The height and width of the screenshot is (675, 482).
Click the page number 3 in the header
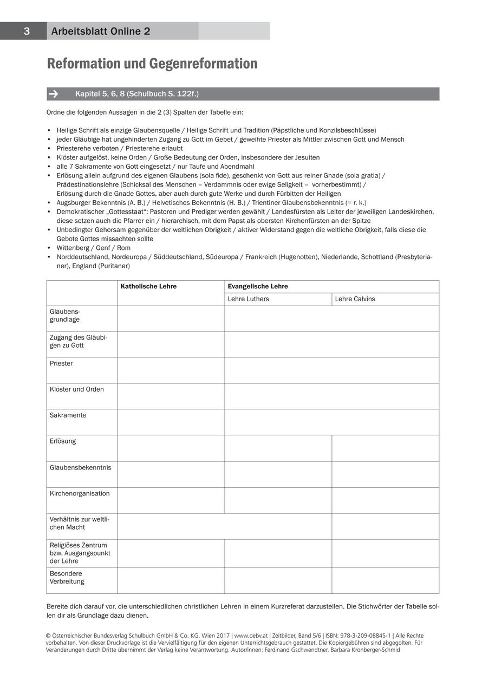(x=27, y=31)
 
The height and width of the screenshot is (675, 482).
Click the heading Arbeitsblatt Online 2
(x=101, y=31)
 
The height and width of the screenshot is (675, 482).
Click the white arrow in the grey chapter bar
(x=54, y=94)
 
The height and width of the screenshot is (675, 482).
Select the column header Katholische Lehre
(x=148, y=287)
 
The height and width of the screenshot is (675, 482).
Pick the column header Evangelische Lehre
(x=258, y=287)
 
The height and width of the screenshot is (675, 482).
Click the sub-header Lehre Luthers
(x=249, y=299)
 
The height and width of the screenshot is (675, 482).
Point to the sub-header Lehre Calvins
(x=355, y=299)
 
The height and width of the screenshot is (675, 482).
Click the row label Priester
(x=61, y=363)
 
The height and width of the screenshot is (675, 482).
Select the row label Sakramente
(x=68, y=415)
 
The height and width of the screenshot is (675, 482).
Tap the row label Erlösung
(x=63, y=441)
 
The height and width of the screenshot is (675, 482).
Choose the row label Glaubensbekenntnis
(x=80, y=467)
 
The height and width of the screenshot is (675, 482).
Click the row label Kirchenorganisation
(x=80, y=493)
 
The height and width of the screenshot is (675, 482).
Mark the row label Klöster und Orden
(x=77, y=389)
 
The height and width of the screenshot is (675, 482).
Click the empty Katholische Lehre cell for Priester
(x=171, y=370)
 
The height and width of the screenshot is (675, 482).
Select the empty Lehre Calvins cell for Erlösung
(x=385, y=448)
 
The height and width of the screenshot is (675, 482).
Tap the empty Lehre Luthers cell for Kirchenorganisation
(x=278, y=500)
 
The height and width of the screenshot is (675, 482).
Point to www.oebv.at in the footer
(x=249, y=636)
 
